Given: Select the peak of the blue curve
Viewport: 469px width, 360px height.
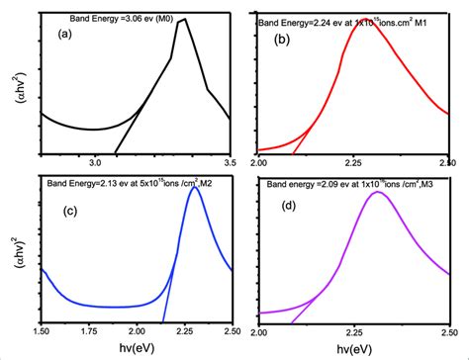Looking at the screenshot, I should [196, 188].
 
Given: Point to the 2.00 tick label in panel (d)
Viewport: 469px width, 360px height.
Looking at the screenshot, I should [259, 331].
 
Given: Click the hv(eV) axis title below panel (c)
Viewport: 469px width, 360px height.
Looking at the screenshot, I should [137, 348].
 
